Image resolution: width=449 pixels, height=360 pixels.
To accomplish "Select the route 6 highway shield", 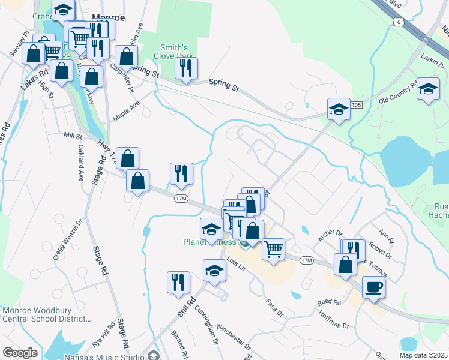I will [x=399, y=22].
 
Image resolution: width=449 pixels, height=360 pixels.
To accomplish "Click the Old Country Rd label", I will [x=397, y=92].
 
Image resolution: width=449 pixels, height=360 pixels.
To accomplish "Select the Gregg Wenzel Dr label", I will [x=66, y=240].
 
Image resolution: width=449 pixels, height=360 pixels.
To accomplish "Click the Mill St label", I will [x=73, y=136].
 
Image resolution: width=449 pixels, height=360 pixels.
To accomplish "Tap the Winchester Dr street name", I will [x=232, y=337].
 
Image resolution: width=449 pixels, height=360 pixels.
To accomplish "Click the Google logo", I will [x=19, y=353].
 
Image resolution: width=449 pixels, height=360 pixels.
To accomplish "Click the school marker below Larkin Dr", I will [x=427, y=89].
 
